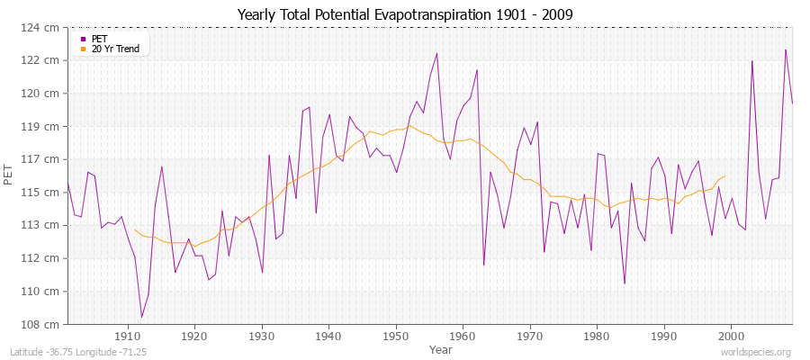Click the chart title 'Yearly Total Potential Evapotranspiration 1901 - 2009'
coord(405,15)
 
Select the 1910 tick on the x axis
coord(127,336)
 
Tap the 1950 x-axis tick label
coord(396,336)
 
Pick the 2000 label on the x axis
coord(731,336)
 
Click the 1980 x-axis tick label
coord(597,336)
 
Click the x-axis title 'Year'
coord(441,348)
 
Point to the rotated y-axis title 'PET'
coord(9,175)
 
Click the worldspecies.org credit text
coord(756,352)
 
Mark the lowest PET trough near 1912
coord(141,317)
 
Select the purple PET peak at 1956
coord(436,53)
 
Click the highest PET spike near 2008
coord(786,49)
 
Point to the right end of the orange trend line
coord(724,176)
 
